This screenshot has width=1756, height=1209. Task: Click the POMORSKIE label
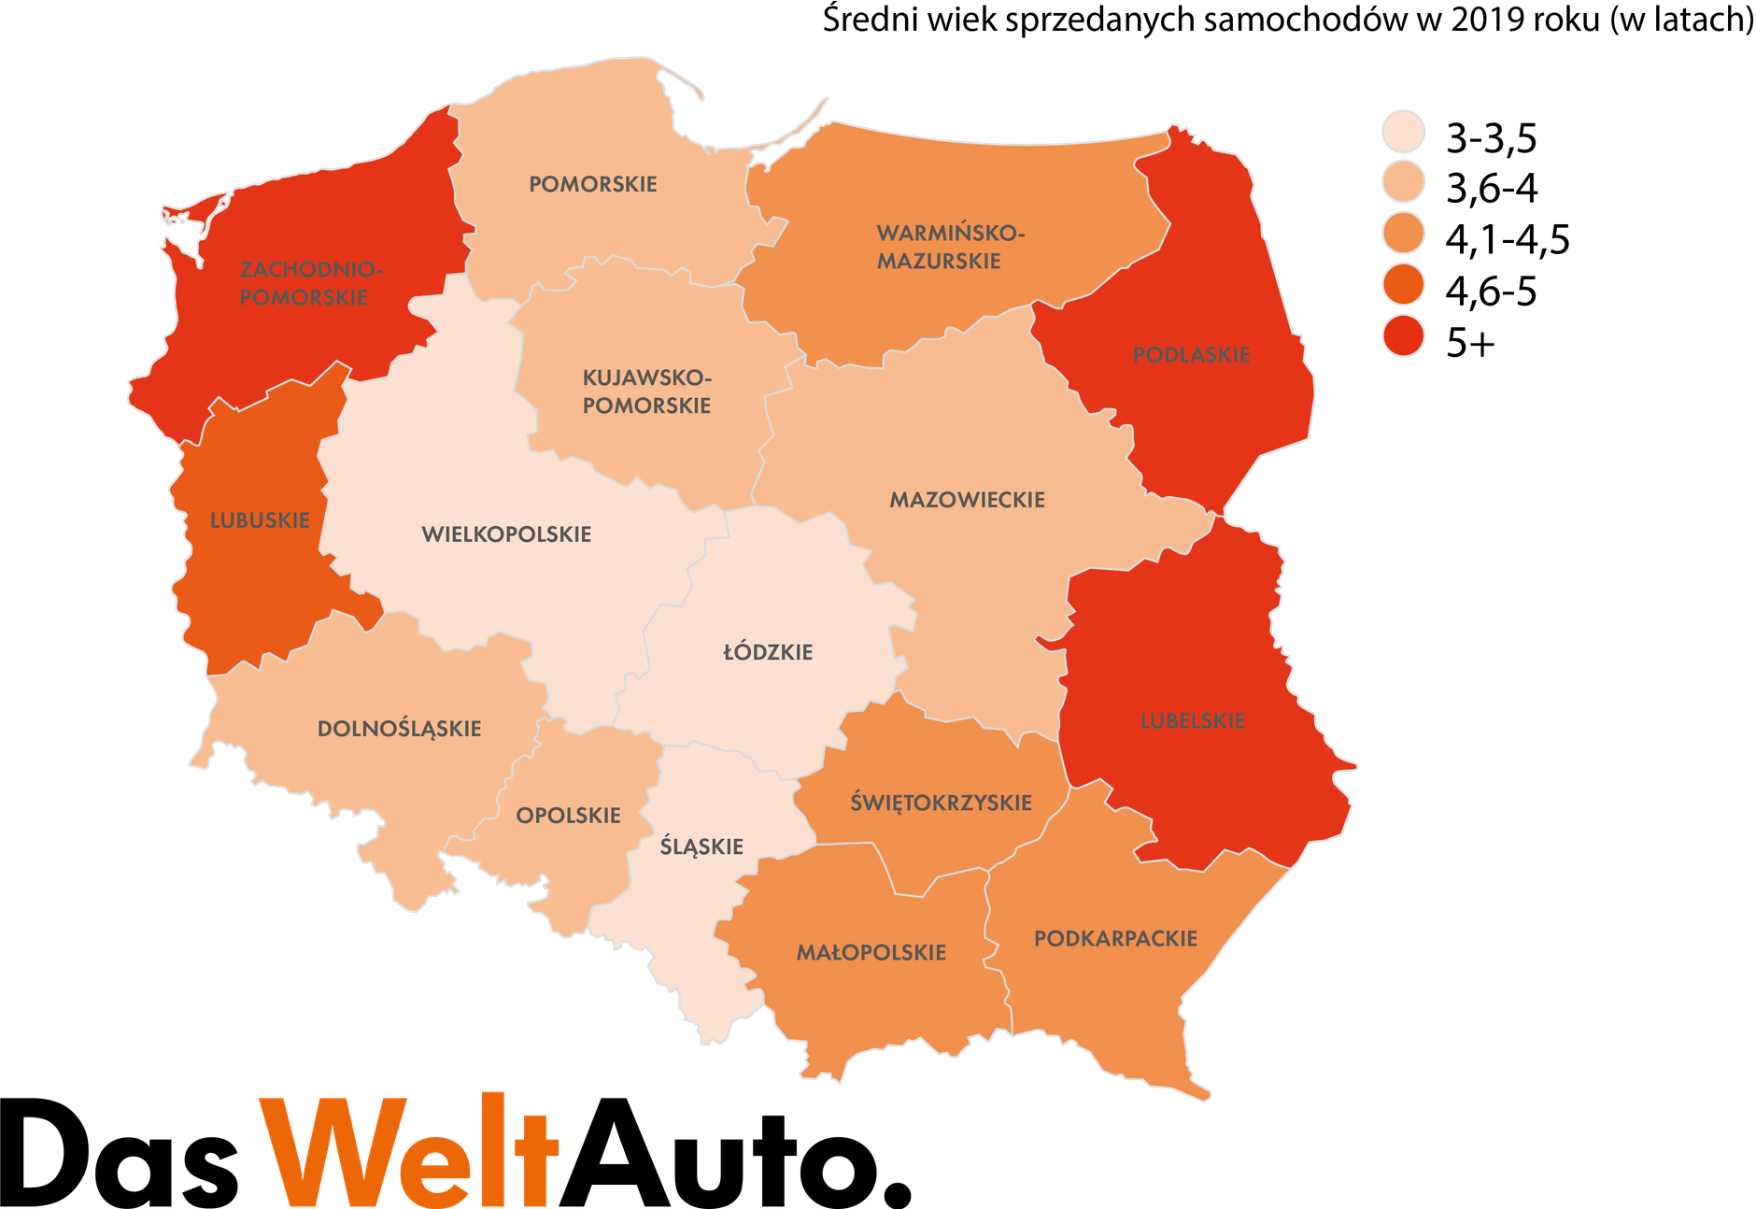(x=593, y=184)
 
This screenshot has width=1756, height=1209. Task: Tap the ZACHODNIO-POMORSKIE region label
(x=310, y=283)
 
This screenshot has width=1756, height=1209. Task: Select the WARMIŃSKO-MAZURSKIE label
(x=950, y=247)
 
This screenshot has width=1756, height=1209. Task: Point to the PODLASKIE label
(x=1191, y=355)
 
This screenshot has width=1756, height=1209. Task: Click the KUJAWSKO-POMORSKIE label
(x=646, y=391)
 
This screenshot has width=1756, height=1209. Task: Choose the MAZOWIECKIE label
(x=967, y=500)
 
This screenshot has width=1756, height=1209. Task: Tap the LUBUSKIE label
(x=260, y=520)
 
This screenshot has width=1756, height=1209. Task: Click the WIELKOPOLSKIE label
(x=506, y=534)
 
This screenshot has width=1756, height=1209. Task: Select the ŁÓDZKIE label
(x=768, y=652)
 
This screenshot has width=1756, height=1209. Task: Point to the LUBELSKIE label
(x=1193, y=721)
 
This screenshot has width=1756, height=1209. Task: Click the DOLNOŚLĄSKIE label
(x=399, y=729)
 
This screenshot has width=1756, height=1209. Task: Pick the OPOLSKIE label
(x=568, y=816)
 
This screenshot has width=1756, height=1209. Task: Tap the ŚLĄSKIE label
(x=701, y=847)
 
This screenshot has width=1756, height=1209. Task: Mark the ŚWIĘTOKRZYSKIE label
(x=941, y=803)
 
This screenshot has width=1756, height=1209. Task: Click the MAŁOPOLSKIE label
(x=871, y=953)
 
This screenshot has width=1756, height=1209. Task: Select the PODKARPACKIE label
(x=1115, y=939)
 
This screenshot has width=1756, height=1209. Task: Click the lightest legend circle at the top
(x=1403, y=131)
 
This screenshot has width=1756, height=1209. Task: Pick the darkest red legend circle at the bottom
(x=1403, y=335)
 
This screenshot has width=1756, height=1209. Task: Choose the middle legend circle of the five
(x=1403, y=233)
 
